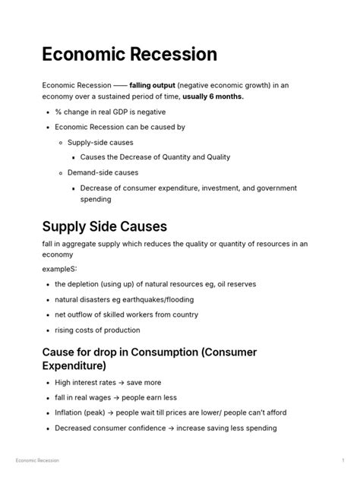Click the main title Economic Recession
(130, 55)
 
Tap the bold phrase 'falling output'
(152, 85)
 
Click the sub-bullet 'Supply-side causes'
(99, 142)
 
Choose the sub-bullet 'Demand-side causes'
(103, 172)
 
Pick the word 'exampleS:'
(60, 269)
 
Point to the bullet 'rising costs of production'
(97, 330)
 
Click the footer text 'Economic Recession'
(38, 461)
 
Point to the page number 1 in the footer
(343, 461)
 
